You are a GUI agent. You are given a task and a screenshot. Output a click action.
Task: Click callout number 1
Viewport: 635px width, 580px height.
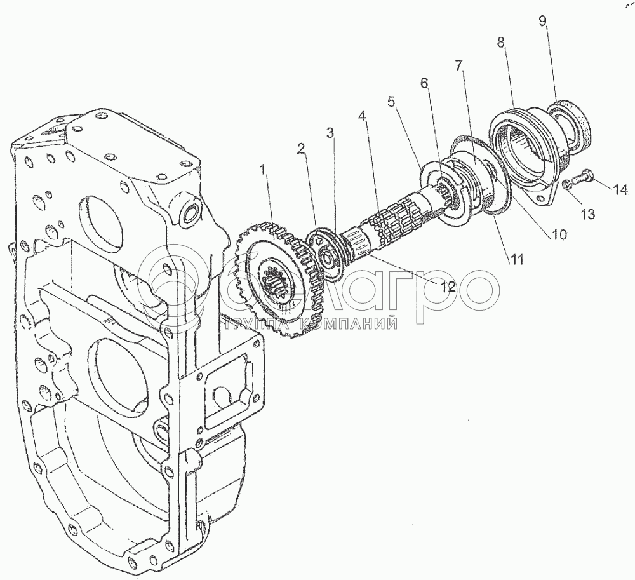click(x=264, y=170)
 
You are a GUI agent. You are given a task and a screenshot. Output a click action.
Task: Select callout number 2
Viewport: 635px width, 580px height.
click(x=300, y=149)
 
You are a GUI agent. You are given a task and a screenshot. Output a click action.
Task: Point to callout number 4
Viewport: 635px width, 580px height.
click(x=362, y=117)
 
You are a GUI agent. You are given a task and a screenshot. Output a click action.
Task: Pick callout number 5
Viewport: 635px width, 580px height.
click(x=391, y=101)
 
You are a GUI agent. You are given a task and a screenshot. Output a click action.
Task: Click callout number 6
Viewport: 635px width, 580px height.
click(x=424, y=83)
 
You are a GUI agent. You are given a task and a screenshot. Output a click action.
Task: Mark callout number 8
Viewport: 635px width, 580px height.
click(x=501, y=43)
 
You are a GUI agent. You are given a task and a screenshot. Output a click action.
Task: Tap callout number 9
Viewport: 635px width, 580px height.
click(x=543, y=21)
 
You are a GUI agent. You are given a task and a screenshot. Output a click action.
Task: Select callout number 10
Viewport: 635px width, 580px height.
click(x=558, y=234)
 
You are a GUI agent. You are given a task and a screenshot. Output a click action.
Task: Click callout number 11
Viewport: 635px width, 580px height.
click(x=516, y=259)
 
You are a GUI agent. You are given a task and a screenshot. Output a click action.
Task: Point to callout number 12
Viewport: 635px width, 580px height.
click(x=447, y=287)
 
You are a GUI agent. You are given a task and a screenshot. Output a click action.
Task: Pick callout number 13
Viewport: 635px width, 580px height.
click(x=587, y=213)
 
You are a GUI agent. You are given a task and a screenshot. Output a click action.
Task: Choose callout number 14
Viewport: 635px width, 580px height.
click(x=620, y=189)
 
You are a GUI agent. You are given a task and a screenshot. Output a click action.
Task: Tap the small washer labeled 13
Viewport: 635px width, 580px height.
click(x=566, y=185)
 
